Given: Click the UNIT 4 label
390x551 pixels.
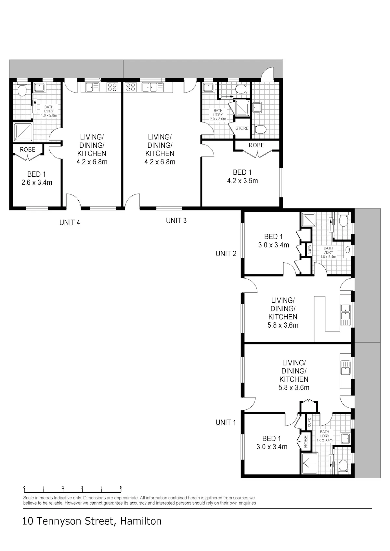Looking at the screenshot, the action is coord(70,223).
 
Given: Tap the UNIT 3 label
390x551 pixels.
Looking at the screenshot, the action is coord(176,221).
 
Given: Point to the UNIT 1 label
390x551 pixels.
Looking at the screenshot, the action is coord(226,422).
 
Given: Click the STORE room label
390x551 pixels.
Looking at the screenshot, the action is coord(242,128).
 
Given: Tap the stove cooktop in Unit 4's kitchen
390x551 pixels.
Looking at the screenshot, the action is coord(112,87).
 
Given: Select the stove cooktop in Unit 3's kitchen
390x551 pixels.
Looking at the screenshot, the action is coord(131,87).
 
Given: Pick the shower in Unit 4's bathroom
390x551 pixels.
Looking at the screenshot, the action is coord(23,132).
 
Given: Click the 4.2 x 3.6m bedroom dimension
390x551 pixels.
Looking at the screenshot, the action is coord(242,181).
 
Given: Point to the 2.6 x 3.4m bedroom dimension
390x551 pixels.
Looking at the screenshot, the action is coord(37,182).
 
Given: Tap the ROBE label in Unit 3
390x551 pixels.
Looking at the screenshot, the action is coord(256,145).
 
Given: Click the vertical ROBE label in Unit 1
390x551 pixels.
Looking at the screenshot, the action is coord(306,441).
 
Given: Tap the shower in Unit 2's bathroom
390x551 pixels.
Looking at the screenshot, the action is coord(309,219).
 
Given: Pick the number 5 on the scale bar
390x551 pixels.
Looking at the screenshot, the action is coord(121,488).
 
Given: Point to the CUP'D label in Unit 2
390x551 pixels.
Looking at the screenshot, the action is coord(310,250).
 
